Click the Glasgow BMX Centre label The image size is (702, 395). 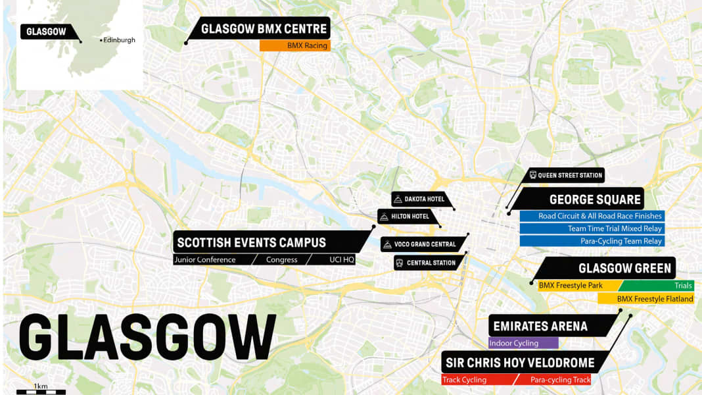coord(264,29)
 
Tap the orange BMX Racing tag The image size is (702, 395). coord(294,46)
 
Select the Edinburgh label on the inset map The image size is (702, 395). coord(120,40)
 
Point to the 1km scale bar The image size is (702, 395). coord(41,391)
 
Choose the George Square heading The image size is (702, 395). coord(595,199)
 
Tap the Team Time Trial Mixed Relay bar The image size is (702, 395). coord(592,228)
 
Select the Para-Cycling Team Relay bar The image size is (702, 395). coord(592,241)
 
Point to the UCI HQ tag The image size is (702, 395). coord(341,260)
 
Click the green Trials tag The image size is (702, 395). coord(657,286)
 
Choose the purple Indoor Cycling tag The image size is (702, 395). coord(523,343)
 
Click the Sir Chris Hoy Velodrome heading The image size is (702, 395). coord(519,363)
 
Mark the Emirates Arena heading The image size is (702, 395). coord(540,327)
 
